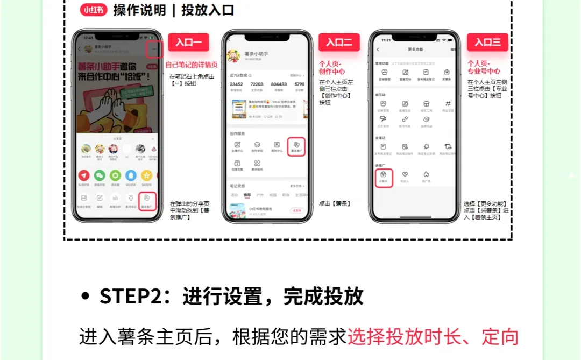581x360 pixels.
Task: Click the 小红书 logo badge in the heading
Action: tap(93, 10)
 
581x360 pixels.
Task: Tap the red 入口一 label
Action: tap(188, 43)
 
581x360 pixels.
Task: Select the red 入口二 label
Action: tap(339, 43)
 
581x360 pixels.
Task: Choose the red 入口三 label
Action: tap(487, 43)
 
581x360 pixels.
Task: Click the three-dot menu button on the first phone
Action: tap(155, 49)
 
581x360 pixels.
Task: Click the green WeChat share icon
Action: tap(100, 175)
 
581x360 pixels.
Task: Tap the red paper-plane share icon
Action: tap(84, 175)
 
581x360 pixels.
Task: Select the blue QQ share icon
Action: tap(131, 175)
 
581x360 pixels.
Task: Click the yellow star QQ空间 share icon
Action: tap(146, 175)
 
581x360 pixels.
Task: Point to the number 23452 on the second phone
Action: tap(236, 84)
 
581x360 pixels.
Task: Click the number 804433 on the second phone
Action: tap(279, 84)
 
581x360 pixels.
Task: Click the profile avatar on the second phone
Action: tap(234, 55)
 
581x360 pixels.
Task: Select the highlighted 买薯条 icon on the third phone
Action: tap(384, 177)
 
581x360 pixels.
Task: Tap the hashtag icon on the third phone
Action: tap(448, 104)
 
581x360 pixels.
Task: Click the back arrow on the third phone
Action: tap(378, 50)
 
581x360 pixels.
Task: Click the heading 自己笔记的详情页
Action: tap(192, 65)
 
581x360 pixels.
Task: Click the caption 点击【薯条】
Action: tap(335, 203)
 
